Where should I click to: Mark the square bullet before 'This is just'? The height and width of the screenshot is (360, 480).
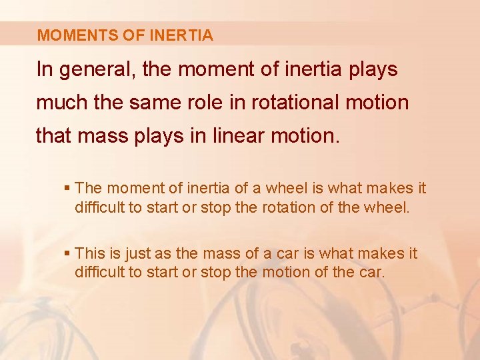(69, 254)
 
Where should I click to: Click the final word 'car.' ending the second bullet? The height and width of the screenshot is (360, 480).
(371, 271)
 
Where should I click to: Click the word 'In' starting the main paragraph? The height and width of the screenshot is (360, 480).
(45, 70)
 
